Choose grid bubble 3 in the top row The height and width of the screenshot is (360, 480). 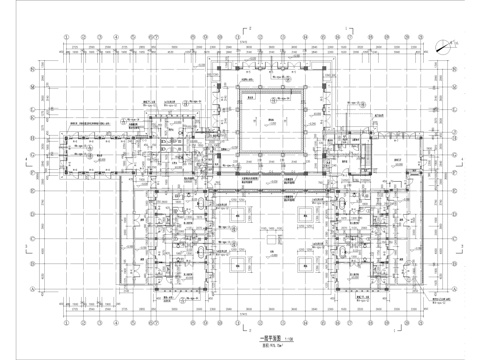coord(117,41)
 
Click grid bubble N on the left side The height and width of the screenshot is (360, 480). coord(35,68)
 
